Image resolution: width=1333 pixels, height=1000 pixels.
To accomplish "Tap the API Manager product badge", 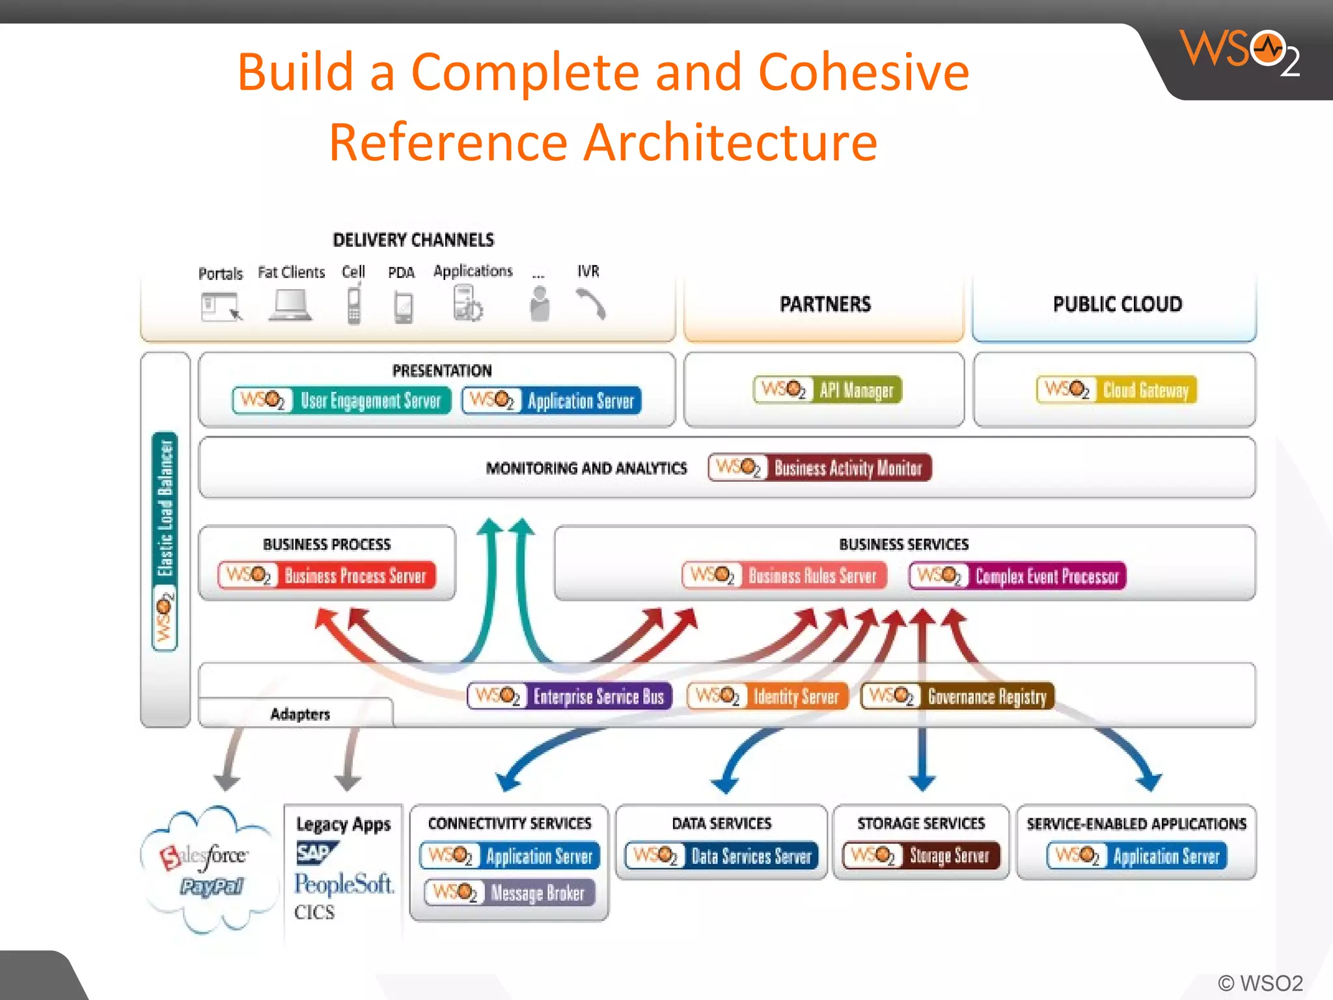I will pyautogui.click(x=827, y=390).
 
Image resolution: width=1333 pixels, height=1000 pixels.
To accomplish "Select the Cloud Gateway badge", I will pyautogui.click(x=1116, y=390).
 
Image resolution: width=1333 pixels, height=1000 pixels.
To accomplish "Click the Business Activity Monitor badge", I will pyautogui.click(x=819, y=467).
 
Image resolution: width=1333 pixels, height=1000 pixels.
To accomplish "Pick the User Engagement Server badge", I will pyautogui.click(x=341, y=400).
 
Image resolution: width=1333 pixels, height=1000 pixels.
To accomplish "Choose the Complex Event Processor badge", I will pyautogui.click(x=1017, y=576).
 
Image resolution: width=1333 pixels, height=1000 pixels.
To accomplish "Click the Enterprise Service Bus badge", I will pyautogui.click(x=569, y=697).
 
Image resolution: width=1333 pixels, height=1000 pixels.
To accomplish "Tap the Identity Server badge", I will pyautogui.click(x=767, y=697).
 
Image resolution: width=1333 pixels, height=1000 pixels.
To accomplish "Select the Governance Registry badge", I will pyautogui.click(x=957, y=697).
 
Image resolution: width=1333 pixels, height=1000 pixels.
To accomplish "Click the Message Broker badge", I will pyautogui.click(x=509, y=893).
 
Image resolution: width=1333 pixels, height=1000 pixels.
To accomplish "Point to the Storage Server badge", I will pyautogui.click(x=920, y=855).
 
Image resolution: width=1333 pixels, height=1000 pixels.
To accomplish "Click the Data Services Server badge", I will pyautogui.click(x=721, y=855).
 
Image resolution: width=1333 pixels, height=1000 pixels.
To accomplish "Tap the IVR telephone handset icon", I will pyautogui.click(x=591, y=304).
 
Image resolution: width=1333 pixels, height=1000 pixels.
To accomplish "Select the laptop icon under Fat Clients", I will pyautogui.click(x=290, y=305).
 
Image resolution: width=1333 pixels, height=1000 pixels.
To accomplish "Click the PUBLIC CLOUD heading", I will pyautogui.click(x=1117, y=304).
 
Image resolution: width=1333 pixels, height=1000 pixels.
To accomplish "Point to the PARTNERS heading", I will pyautogui.click(x=825, y=304).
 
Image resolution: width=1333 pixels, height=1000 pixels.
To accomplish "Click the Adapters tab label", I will pyautogui.click(x=300, y=714).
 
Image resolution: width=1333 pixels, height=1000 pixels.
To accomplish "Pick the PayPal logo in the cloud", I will pyautogui.click(x=212, y=887).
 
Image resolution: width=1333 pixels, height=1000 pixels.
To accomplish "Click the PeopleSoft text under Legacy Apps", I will pyautogui.click(x=344, y=884).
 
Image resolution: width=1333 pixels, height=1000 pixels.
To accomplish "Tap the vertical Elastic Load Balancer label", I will pyautogui.click(x=165, y=508).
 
